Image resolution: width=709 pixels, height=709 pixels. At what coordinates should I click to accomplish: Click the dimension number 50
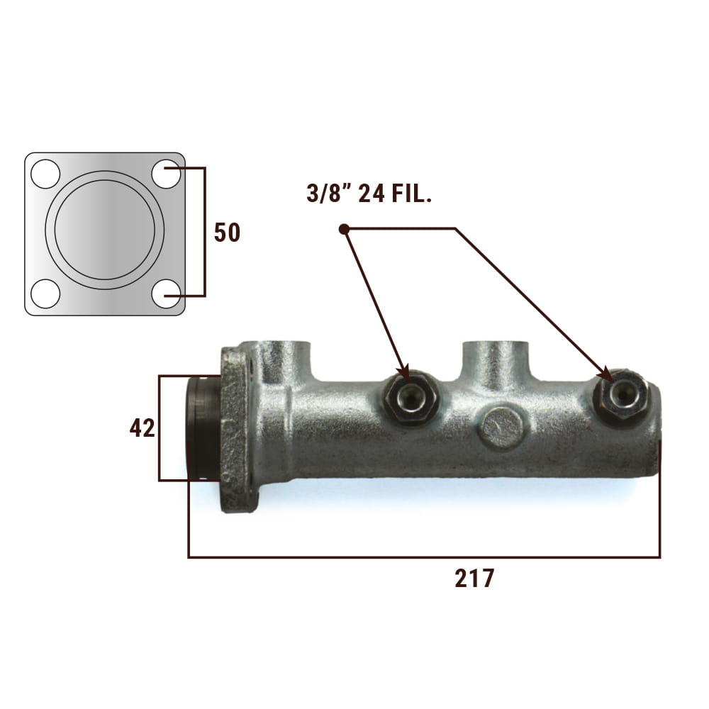[227, 233]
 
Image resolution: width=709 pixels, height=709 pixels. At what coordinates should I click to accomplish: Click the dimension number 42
[142, 428]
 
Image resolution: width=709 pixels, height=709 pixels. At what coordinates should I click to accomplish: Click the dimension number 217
[474, 579]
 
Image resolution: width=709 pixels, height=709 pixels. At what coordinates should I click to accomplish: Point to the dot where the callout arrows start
[344, 229]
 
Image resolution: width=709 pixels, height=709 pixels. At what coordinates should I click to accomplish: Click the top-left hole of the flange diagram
[45, 174]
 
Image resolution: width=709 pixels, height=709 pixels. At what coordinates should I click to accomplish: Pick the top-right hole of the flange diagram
[166, 174]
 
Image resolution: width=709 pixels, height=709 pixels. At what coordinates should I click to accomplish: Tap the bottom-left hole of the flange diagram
[45, 294]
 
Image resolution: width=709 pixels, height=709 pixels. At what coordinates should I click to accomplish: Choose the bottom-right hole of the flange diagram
[166, 294]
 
